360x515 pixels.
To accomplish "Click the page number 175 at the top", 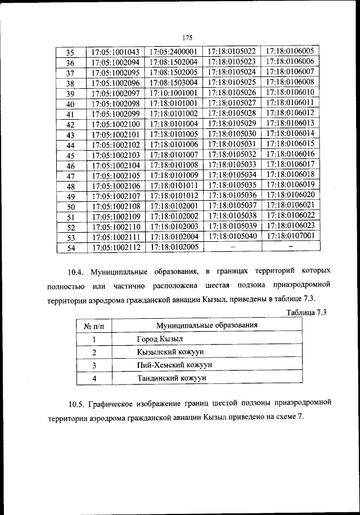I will (188, 38).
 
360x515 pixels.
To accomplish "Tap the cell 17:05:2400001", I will (173, 52).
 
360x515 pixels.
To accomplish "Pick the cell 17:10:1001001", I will (173, 93).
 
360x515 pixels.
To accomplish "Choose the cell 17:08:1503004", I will (173, 83).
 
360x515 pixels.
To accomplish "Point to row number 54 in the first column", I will (71, 247).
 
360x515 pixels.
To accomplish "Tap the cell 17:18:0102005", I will (173, 247).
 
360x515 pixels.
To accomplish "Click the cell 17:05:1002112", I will (115, 247).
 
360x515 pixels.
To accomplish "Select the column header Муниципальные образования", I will (207, 326).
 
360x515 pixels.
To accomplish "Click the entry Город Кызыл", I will (160, 339).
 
